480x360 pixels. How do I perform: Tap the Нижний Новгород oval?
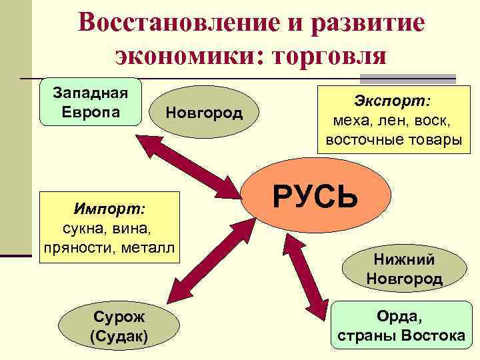[404, 269]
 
